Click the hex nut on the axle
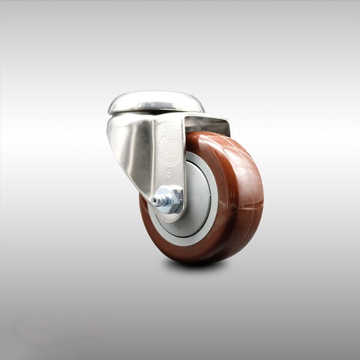click(x=170, y=199)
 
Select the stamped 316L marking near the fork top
click(x=170, y=128)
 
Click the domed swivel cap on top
click(x=155, y=102)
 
